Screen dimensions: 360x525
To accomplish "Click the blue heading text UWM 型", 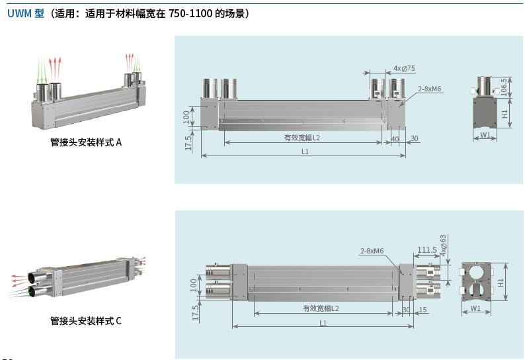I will pyautogui.click(x=26, y=13).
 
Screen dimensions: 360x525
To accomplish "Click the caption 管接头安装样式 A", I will pyautogui.click(x=86, y=142).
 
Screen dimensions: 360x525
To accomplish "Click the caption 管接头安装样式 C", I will pyautogui.click(x=86, y=321).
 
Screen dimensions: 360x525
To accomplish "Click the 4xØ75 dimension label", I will pyautogui.click(x=404, y=69).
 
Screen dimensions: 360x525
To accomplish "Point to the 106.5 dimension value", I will pyautogui.click(x=504, y=87).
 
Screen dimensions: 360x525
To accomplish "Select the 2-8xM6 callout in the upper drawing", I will pyautogui.click(x=429, y=89).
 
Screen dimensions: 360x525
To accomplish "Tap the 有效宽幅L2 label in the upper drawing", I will pyautogui.click(x=302, y=138).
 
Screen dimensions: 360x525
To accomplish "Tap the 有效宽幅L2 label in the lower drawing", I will pyautogui.click(x=321, y=308).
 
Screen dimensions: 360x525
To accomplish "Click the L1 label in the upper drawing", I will pyautogui.click(x=305, y=152).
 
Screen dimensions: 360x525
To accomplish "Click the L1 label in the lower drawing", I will pyautogui.click(x=323, y=323).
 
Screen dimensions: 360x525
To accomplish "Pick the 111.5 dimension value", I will pyautogui.click(x=427, y=250).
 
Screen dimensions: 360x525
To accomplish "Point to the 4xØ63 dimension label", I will pyautogui.click(x=444, y=245).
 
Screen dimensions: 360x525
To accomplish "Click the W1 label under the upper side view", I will pyautogui.click(x=485, y=136).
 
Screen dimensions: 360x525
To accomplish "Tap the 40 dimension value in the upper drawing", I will pyautogui.click(x=395, y=138).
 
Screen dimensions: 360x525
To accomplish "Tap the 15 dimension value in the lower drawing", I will pyautogui.click(x=423, y=310).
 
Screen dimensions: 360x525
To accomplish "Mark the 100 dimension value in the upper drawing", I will pyautogui.click(x=186, y=116).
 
